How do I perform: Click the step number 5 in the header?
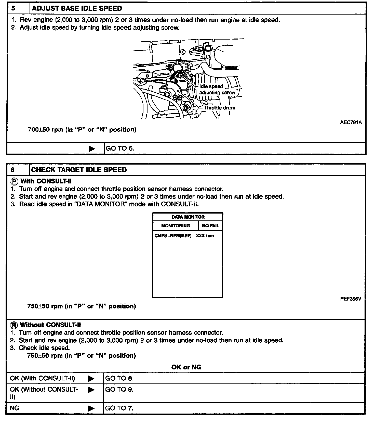point(13,8)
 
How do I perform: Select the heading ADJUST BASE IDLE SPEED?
point(77,8)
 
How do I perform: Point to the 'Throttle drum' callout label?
point(219,108)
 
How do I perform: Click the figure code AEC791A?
point(351,122)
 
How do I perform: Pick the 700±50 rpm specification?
point(82,130)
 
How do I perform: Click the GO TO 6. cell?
point(120,148)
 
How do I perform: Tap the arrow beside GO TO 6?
point(92,149)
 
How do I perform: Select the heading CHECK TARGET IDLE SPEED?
point(79,170)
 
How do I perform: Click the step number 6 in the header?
point(12,170)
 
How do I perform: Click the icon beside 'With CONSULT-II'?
point(14,181)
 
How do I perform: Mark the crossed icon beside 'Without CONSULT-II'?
point(14,325)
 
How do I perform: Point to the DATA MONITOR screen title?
point(188,217)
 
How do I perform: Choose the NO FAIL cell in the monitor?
point(210,226)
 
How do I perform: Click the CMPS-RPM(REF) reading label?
point(173,236)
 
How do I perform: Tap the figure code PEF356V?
point(351,299)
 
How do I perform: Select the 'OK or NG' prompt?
point(186,367)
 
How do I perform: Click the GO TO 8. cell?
point(119,378)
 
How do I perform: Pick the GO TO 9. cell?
point(119,390)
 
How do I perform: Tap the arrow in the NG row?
point(91,408)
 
